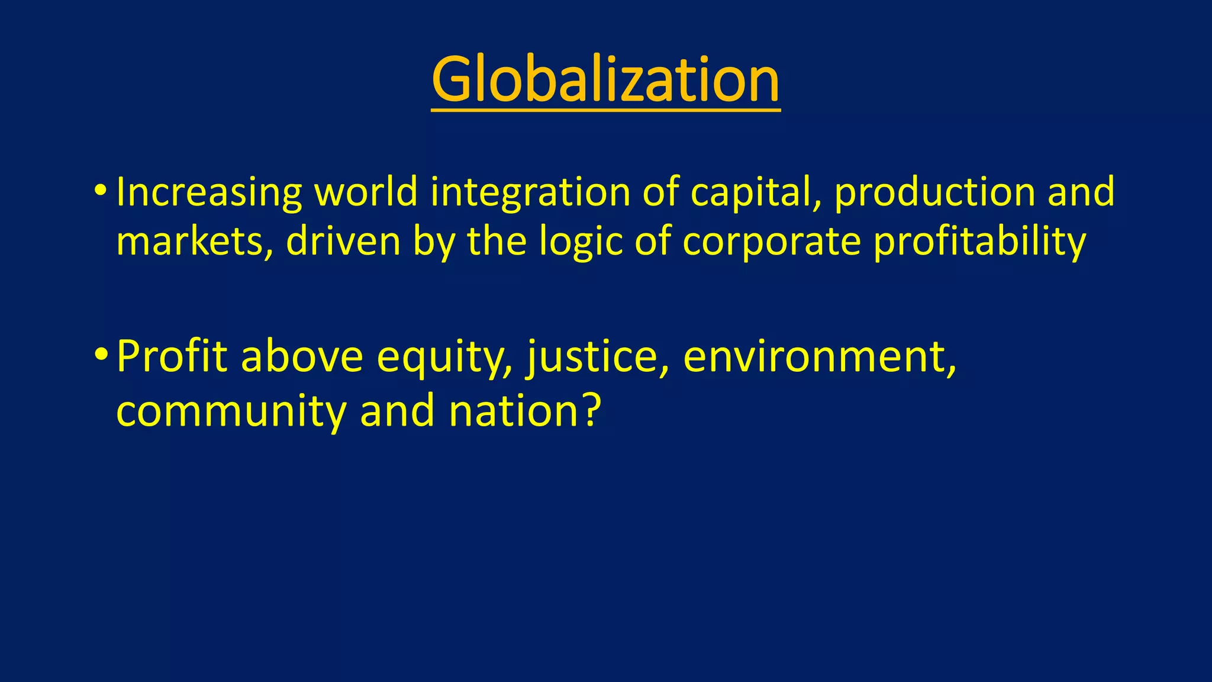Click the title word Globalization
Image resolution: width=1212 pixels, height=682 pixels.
605,79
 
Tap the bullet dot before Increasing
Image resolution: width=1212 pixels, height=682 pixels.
100,191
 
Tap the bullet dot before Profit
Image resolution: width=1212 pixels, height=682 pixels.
100,355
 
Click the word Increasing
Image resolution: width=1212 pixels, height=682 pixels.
209,193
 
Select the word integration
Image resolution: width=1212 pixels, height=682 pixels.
530,193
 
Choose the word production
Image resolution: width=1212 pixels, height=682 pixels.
934,193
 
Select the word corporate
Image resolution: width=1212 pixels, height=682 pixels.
771,243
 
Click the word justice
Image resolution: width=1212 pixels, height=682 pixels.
598,356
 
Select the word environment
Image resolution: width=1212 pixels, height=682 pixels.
819,356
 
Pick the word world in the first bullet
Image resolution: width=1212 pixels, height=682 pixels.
366,192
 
